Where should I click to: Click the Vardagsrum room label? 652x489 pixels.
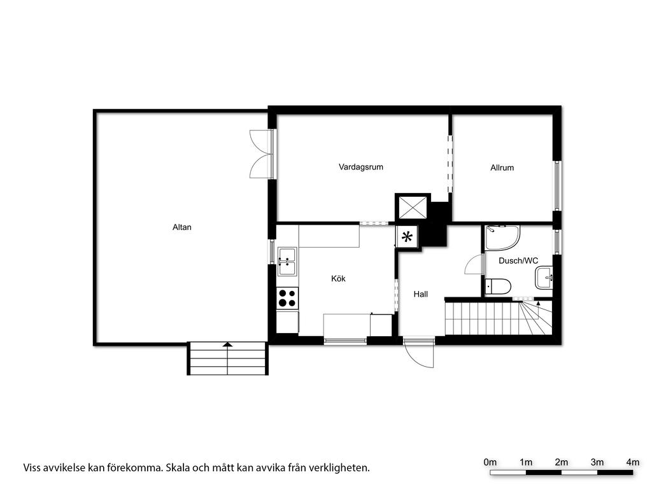(360, 167)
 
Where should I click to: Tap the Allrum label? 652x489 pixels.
(502, 167)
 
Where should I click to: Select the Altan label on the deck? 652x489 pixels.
(181, 227)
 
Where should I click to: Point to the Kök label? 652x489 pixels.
(338, 279)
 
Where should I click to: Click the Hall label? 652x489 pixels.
(420, 294)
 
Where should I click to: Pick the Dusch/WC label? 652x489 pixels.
(518, 260)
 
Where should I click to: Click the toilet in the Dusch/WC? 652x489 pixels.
(498, 287)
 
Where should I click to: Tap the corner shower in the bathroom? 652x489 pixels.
(502, 238)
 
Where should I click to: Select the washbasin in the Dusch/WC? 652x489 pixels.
(544, 278)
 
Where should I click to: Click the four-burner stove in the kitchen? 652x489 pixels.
(287, 298)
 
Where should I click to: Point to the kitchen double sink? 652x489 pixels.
(287, 262)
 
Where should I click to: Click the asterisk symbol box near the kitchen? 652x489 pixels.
(407, 237)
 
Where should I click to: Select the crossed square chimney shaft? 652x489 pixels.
(413, 207)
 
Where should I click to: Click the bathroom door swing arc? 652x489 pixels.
(474, 264)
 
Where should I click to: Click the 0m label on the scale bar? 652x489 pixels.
(490, 462)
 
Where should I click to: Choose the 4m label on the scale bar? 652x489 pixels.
(633, 462)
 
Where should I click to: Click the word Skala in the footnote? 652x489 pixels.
(178, 468)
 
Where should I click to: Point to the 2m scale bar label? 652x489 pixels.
(562, 462)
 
